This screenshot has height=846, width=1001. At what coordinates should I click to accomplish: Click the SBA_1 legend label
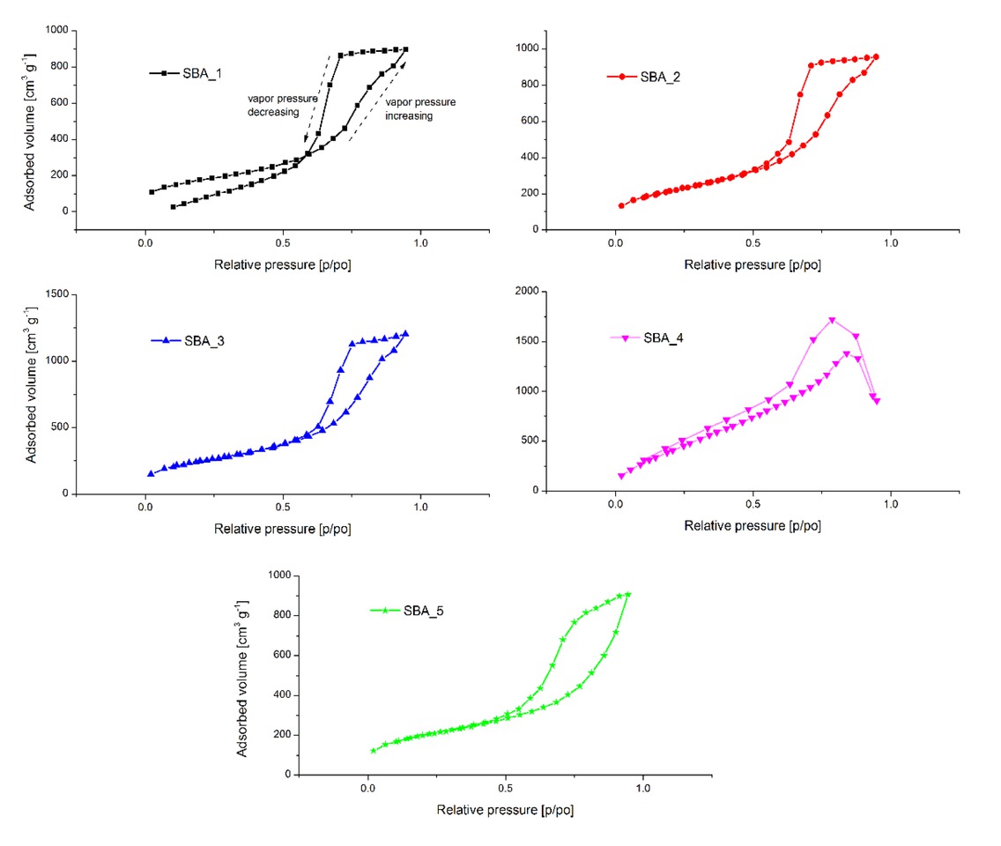(x=202, y=73)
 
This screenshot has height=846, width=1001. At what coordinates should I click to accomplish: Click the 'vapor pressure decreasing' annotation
(x=282, y=106)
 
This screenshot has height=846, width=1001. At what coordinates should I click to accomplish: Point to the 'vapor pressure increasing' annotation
(x=420, y=108)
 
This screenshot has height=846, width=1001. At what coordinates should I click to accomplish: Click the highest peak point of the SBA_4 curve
(x=832, y=320)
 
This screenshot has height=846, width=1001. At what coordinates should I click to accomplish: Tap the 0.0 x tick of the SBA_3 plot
(x=146, y=509)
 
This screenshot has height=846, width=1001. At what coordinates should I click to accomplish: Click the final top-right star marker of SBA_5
(x=627, y=594)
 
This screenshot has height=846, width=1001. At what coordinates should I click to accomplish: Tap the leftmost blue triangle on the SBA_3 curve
(x=151, y=473)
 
